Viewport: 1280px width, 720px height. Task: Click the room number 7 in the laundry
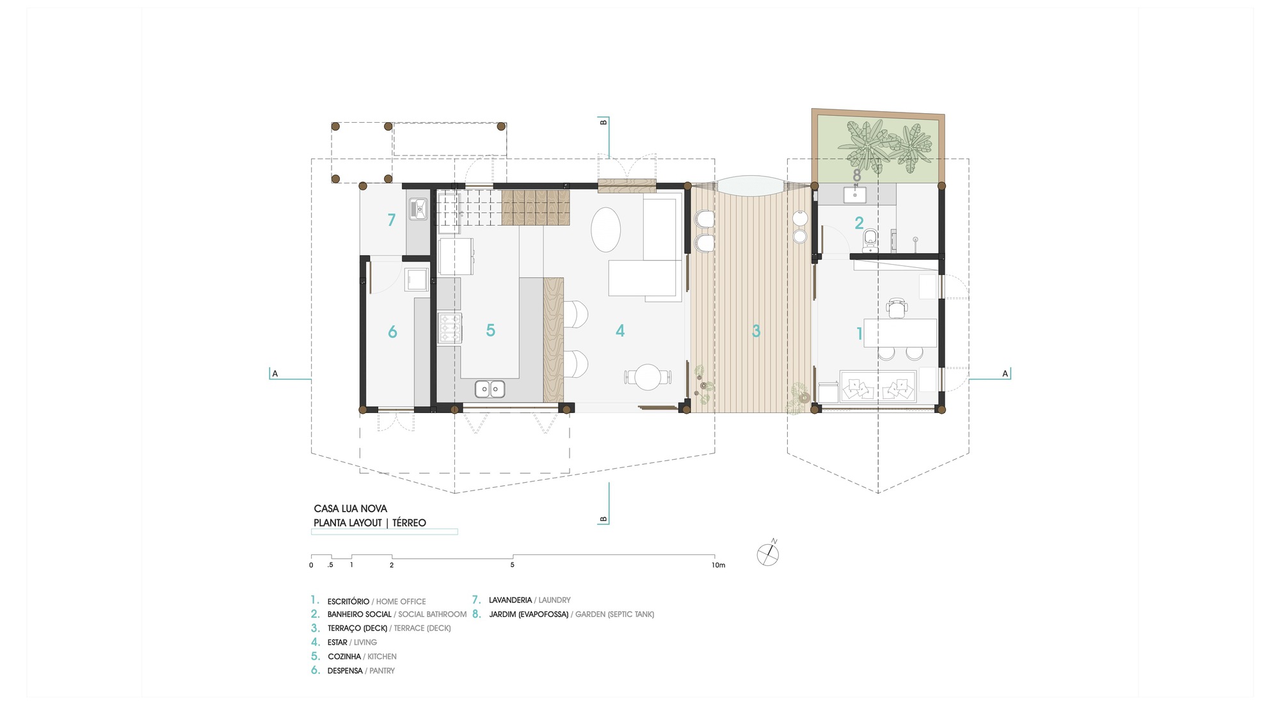pos(392,220)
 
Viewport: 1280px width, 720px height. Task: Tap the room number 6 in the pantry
pos(392,332)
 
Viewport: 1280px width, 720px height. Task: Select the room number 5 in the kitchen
pos(491,330)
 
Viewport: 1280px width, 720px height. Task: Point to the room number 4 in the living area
pos(620,331)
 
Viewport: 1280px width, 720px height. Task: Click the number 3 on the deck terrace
pos(756,331)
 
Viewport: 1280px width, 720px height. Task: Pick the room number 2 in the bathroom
pos(859,223)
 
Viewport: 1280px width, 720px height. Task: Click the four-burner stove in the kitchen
pos(450,328)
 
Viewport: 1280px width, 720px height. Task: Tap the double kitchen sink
pos(490,388)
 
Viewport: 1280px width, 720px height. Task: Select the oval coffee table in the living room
pos(605,230)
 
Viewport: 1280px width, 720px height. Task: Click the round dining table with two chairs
pos(648,377)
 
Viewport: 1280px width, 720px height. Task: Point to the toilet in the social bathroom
pos(870,240)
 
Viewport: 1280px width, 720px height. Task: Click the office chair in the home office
pos(897,308)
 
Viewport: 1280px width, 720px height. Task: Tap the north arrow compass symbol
pos(768,554)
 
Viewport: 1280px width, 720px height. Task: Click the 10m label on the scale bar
pos(719,565)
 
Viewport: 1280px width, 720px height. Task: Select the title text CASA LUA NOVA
pos(350,508)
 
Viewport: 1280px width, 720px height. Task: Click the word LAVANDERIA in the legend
pos(510,600)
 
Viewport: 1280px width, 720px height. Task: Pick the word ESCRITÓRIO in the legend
pos(348,601)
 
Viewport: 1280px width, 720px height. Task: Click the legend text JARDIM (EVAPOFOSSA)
pos(529,614)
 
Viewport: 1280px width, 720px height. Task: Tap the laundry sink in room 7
pos(419,208)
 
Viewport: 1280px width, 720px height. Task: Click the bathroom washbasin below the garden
pos(855,194)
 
